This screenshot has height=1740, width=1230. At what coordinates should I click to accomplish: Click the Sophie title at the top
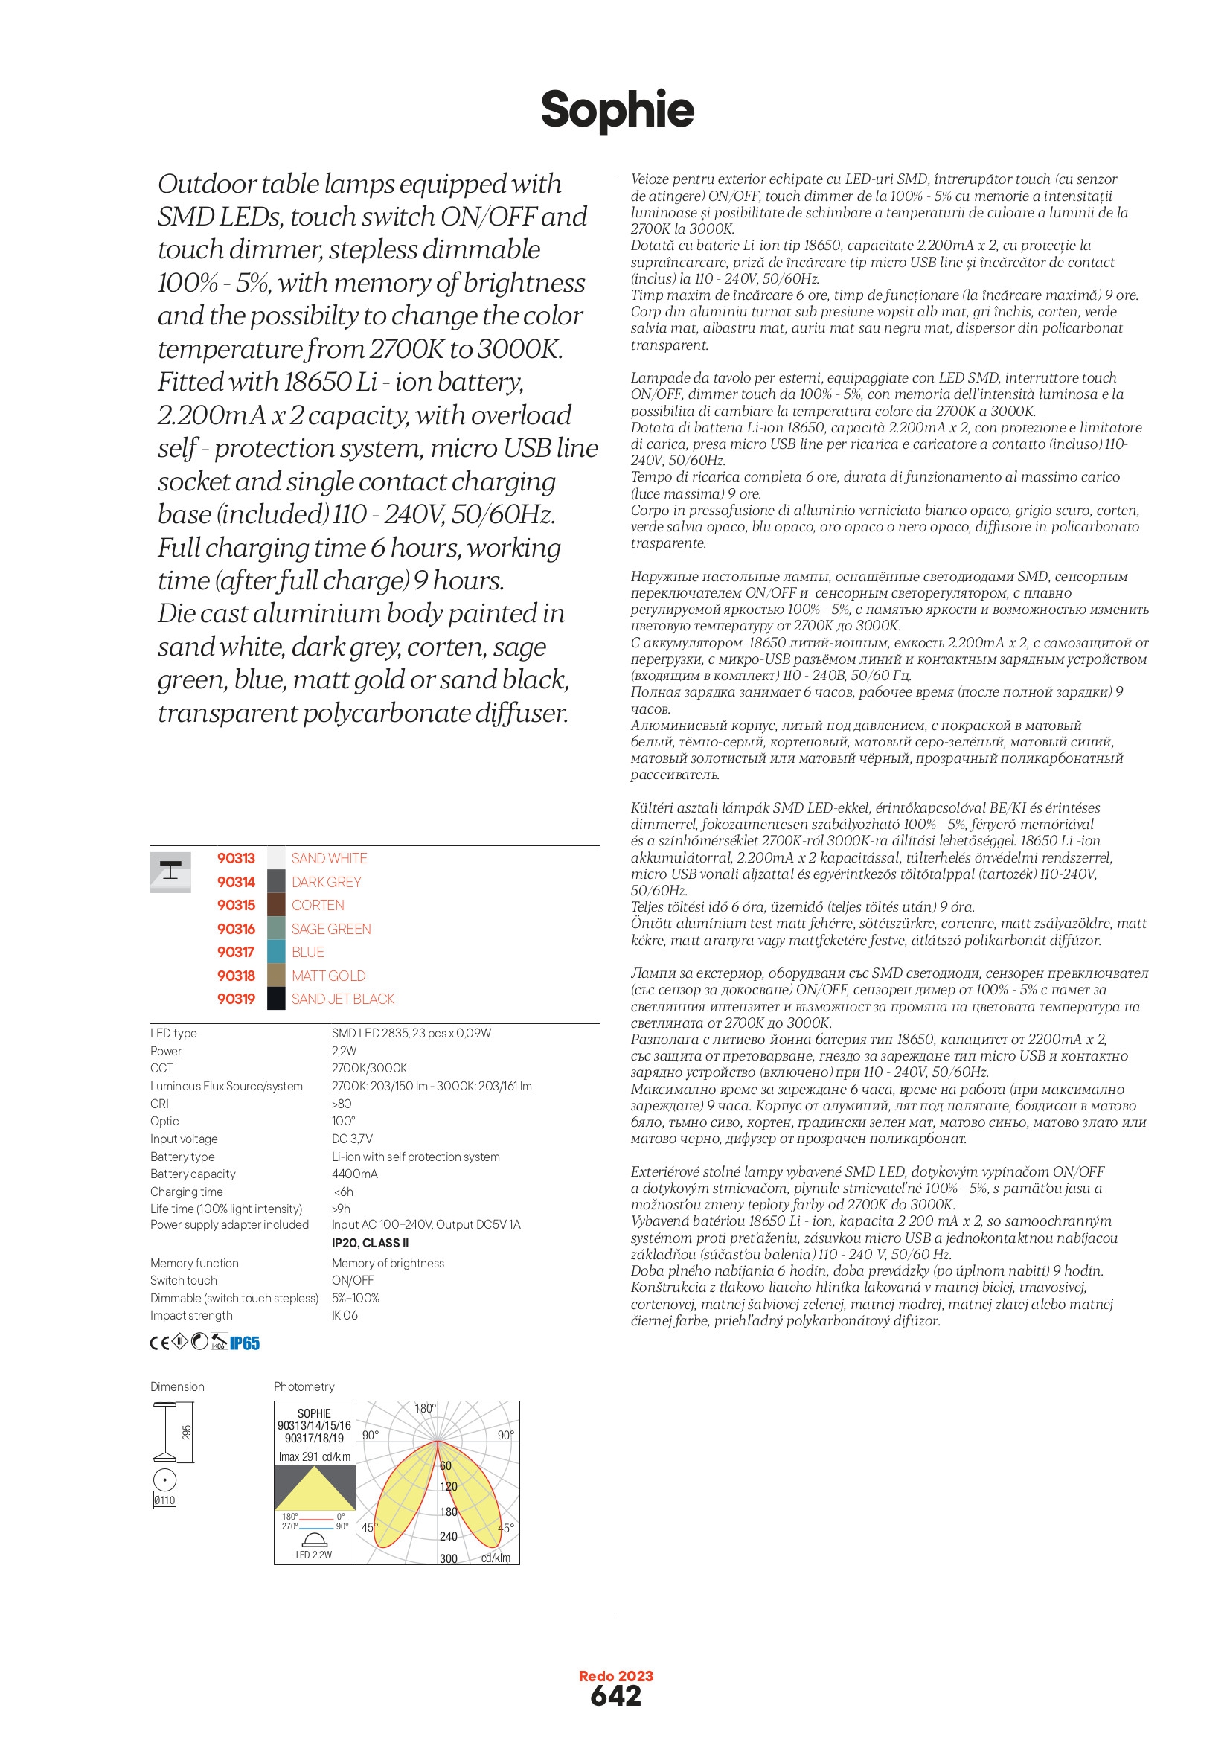[x=617, y=110]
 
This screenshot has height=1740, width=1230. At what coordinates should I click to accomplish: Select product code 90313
[x=236, y=858]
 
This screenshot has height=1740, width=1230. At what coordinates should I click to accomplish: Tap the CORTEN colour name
[x=318, y=905]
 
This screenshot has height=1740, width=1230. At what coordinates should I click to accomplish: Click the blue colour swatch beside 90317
[x=276, y=952]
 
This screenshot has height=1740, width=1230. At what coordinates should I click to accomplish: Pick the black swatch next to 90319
[x=276, y=999]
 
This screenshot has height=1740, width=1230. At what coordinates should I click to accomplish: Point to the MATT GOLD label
[x=328, y=976]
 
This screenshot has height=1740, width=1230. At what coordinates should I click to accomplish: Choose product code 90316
[x=236, y=928]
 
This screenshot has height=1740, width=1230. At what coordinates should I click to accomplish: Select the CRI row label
[x=159, y=1104]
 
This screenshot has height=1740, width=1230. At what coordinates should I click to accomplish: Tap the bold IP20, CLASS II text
[x=370, y=1243]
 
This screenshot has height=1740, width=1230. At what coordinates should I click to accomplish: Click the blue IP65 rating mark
[x=245, y=1343]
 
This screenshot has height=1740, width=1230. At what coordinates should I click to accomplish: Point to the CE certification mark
[x=159, y=1343]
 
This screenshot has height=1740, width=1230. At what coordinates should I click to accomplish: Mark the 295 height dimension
[x=187, y=1433]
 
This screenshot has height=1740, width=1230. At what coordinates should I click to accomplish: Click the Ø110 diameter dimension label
[x=164, y=1500]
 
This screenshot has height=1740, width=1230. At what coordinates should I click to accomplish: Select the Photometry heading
[x=304, y=1386]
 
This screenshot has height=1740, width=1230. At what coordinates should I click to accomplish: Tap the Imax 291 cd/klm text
[x=315, y=1456]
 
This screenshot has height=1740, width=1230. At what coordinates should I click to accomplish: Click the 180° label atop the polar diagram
[x=425, y=1409]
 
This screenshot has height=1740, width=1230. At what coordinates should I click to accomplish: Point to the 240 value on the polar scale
[x=449, y=1536]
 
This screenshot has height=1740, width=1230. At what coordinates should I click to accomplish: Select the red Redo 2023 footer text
[x=615, y=1675]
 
